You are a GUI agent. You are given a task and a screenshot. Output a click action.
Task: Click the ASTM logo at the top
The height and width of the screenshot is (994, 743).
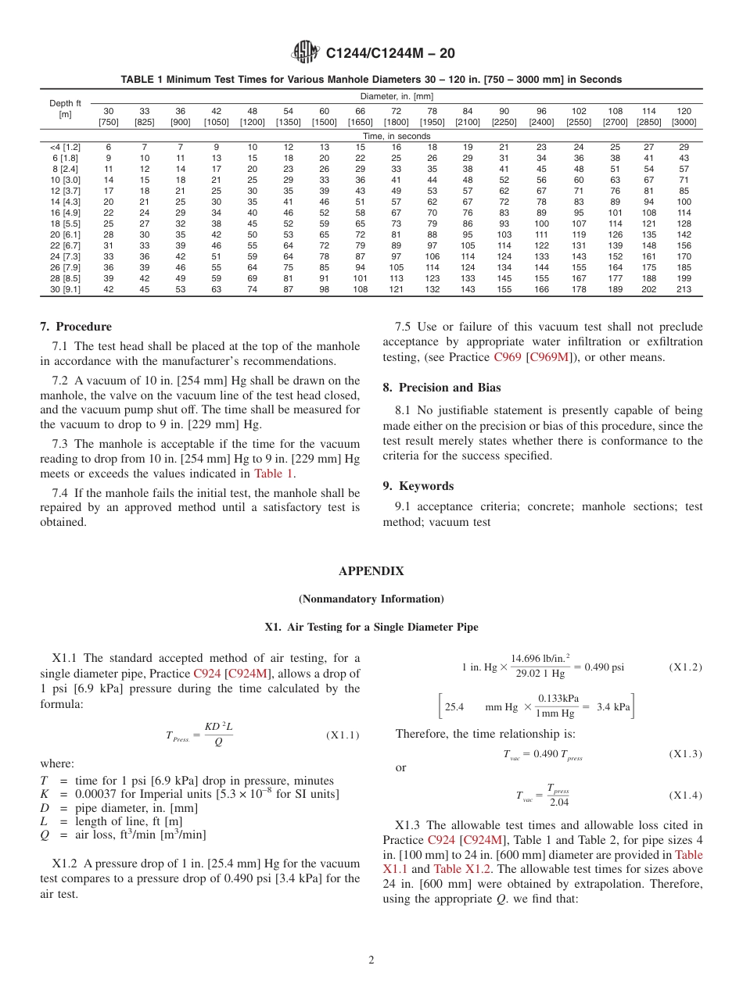305,52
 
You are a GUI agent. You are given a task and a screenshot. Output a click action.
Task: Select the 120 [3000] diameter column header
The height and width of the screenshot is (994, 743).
684,116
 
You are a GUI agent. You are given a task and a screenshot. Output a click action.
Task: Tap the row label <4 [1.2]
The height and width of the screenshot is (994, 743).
65,147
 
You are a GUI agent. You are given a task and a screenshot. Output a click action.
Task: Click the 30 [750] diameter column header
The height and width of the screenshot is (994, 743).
108,116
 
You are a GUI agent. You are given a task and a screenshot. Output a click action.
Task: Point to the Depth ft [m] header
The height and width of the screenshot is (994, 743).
65,109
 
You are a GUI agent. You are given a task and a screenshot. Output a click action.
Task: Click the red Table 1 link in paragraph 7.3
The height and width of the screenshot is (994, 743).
274,473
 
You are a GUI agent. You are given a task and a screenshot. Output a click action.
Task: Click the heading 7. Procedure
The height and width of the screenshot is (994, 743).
76,327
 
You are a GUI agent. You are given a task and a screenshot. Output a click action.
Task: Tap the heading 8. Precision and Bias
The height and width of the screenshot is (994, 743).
442,388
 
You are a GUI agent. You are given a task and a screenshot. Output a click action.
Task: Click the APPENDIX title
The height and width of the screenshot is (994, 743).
371,571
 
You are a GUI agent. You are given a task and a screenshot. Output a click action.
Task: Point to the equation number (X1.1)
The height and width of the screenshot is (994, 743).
342,735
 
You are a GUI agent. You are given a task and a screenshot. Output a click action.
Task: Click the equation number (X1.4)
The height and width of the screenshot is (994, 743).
685,796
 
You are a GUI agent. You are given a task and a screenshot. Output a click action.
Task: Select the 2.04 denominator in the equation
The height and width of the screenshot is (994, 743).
558,803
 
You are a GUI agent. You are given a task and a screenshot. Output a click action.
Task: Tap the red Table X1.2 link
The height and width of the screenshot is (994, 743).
458,869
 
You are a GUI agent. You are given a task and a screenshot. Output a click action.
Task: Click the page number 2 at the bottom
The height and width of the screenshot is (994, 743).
371,960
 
